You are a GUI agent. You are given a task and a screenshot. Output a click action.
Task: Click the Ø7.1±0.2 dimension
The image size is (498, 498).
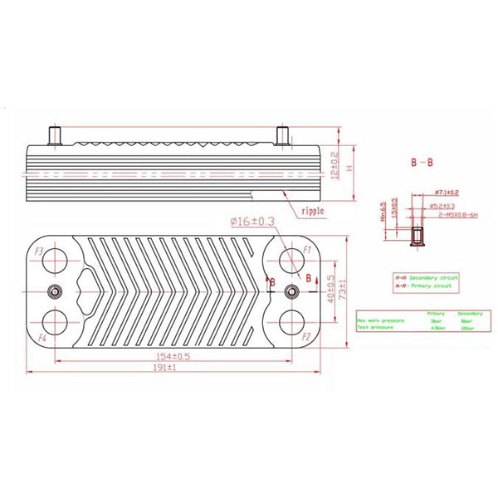[x=447, y=193]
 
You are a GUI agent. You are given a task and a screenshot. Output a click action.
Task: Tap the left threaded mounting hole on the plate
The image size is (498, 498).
[x=55, y=291]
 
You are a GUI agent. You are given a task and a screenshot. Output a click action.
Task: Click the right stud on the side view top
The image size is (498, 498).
[x=282, y=133]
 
